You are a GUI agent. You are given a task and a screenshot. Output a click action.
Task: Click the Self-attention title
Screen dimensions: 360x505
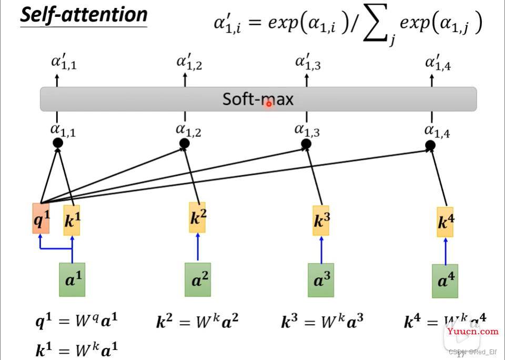point(84,15)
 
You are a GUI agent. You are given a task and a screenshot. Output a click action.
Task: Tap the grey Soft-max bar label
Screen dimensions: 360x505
point(258,99)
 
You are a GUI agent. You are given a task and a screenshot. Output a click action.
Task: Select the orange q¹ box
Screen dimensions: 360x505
point(41,218)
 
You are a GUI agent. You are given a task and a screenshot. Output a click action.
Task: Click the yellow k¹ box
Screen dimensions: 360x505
point(72,220)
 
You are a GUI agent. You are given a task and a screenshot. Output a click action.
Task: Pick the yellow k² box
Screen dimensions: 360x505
point(197,217)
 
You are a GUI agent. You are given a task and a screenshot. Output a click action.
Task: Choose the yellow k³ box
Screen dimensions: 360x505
point(321,221)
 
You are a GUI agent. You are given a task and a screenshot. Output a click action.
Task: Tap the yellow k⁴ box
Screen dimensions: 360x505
point(445,222)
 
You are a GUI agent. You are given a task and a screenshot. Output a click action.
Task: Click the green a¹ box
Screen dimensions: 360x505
point(72,279)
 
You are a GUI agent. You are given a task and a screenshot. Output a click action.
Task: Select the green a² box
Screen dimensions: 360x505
point(197,279)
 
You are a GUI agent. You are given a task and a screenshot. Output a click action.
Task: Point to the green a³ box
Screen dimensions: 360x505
point(321,280)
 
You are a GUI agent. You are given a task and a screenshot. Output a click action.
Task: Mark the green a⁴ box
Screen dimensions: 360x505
point(445,281)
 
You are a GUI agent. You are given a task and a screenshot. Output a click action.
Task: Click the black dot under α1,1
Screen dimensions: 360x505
point(58,143)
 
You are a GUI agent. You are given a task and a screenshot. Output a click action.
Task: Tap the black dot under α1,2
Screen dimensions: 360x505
point(184,143)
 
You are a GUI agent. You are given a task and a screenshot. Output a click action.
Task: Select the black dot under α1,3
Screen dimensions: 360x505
point(306,144)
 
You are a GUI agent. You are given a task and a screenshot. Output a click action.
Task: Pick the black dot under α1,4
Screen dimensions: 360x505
point(430,145)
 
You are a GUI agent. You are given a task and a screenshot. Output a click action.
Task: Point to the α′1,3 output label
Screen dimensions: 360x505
point(308,63)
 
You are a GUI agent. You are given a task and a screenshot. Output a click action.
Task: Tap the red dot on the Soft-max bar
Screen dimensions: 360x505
point(268,104)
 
